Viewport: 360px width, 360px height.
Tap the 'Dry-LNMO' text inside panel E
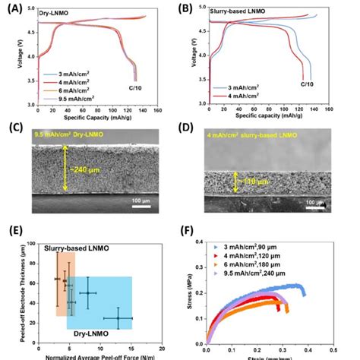88,333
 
